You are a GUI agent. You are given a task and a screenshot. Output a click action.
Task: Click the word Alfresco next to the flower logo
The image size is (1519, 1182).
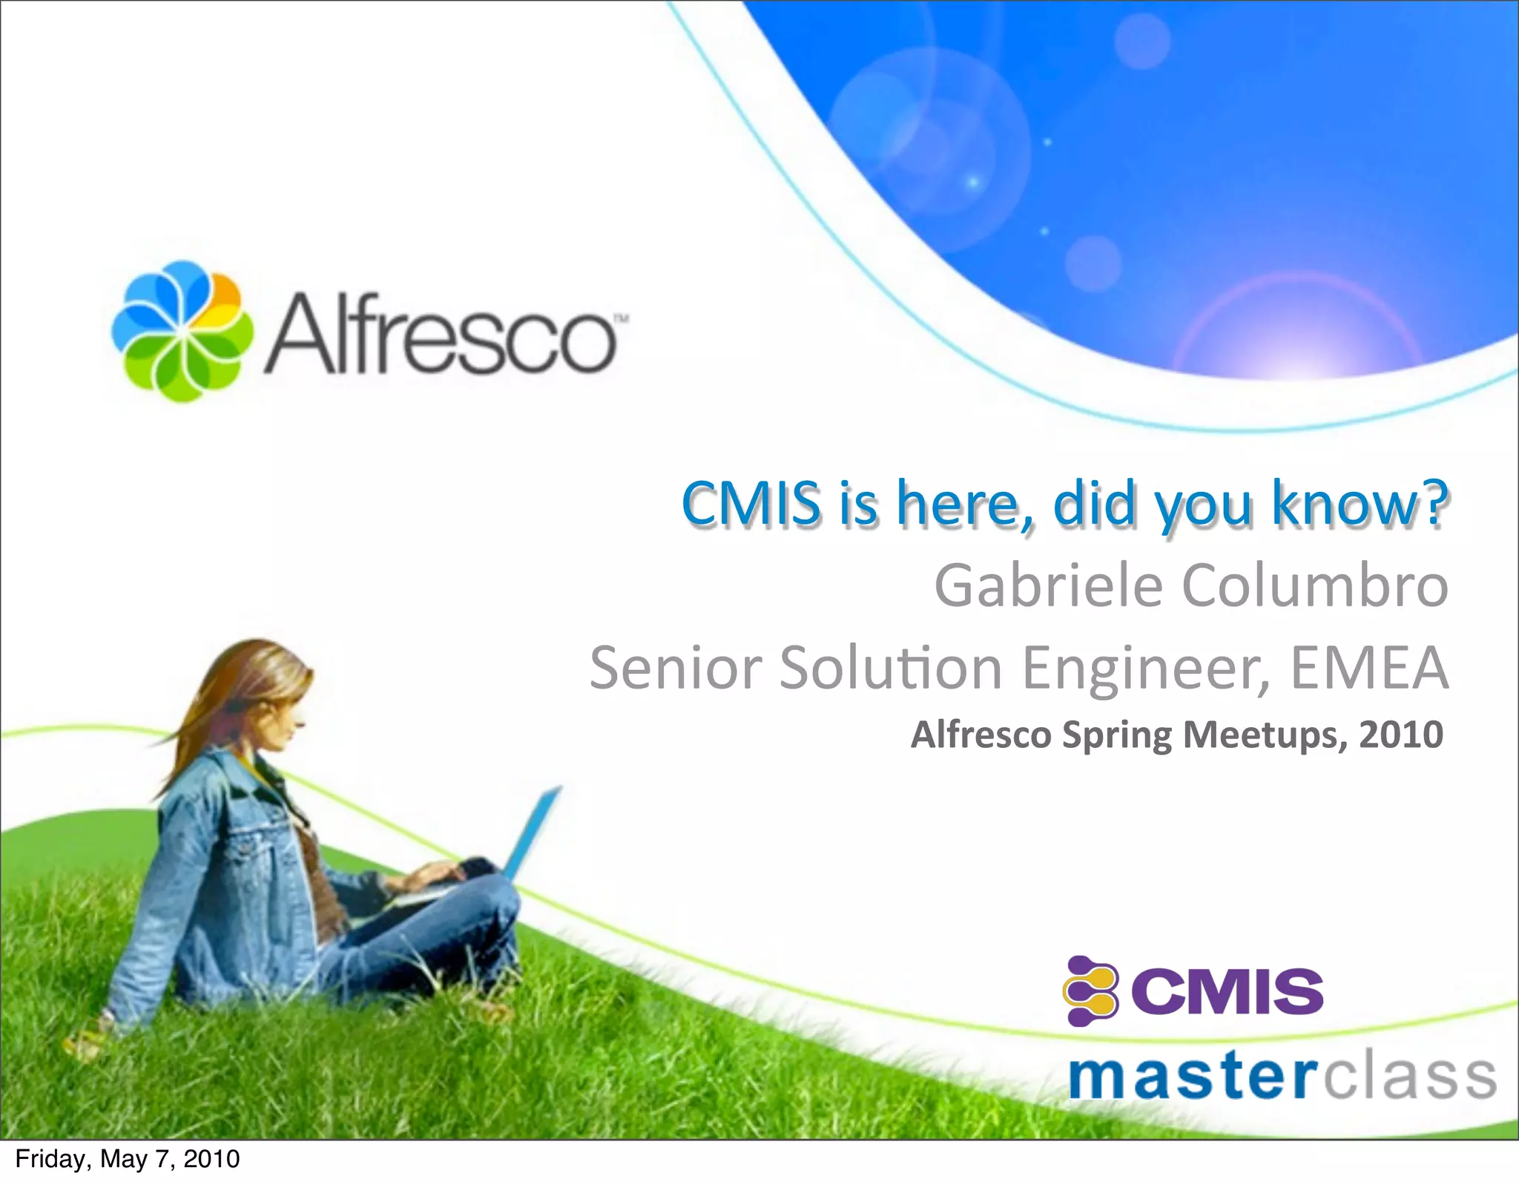[x=439, y=334]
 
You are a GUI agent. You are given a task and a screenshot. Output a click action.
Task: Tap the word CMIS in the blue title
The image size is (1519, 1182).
[x=751, y=505]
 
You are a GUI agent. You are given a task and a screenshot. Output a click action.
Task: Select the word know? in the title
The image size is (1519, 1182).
[x=1359, y=505]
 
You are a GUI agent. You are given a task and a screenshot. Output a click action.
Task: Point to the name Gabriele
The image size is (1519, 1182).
[x=1047, y=586]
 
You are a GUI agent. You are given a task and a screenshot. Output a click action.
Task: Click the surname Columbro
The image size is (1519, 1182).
[x=1314, y=586]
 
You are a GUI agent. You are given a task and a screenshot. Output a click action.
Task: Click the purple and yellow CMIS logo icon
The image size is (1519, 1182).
[x=1090, y=991]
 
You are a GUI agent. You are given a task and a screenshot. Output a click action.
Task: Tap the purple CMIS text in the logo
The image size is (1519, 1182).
[x=1228, y=992]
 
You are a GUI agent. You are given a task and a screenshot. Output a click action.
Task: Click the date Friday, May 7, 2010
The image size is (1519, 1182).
[x=128, y=1159]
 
